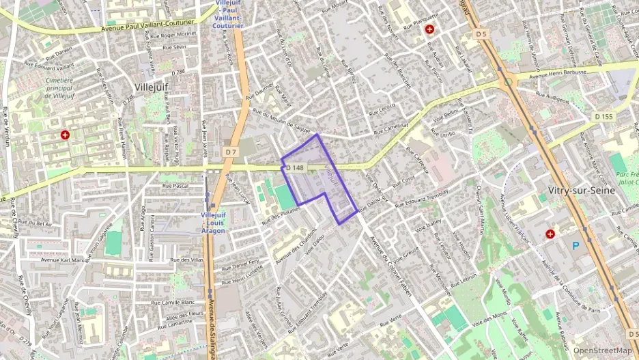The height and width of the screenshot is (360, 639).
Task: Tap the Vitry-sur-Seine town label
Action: (582, 191)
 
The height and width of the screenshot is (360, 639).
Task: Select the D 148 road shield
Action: (294, 168)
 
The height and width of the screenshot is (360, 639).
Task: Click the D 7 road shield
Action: (231, 151)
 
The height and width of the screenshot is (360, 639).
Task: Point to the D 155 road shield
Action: (604, 117)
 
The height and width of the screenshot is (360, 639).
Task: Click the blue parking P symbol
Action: (576, 245)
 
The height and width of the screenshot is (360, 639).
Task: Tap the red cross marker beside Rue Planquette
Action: (429, 29)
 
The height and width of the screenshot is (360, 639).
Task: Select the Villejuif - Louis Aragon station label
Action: (213, 223)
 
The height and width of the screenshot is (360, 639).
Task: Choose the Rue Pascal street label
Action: (175, 185)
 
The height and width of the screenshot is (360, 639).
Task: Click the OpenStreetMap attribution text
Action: (601, 350)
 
